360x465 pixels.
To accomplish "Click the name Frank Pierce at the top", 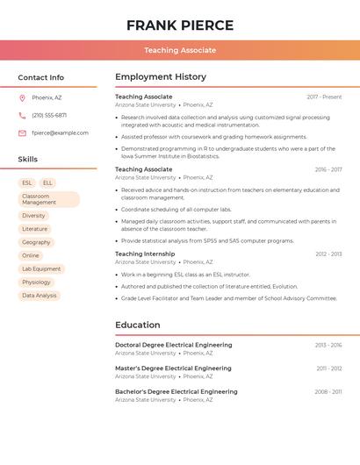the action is [180, 25].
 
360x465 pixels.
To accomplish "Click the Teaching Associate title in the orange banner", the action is [180, 50].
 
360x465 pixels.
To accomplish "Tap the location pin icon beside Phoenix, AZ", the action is [22, 97].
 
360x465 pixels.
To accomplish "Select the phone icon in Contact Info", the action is [22, 115].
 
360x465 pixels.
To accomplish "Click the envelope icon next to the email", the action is [22, 133].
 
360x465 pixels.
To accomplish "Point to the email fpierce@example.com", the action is [60, 133].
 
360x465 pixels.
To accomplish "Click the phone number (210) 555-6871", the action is [49, 115].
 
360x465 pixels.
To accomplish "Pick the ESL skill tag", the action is [27, 182].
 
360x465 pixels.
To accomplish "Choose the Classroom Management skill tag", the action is [48, 199].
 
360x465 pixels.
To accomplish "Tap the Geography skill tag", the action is [36, 242].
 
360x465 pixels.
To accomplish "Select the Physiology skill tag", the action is [37, 283].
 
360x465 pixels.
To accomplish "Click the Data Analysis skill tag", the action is [40, 296].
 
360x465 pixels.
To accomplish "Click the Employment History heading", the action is [161, 77].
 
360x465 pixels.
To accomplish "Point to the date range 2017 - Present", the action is [324, 97].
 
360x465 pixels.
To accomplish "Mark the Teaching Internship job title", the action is [145, 254].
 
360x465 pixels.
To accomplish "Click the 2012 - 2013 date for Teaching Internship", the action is [328, 254].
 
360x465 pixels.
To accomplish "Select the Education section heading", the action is [138, 325].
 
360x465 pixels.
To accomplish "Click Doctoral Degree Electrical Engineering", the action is [174, 345].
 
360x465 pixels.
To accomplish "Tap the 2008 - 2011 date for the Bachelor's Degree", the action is [328, 392].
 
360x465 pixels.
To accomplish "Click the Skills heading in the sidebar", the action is [28, 159].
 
